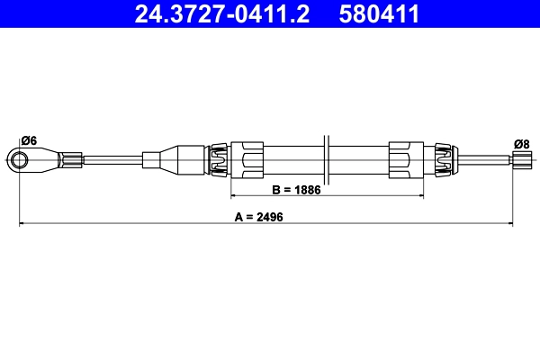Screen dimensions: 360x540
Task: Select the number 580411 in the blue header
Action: pos(378,13)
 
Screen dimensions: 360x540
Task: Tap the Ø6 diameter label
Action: pos(28,140)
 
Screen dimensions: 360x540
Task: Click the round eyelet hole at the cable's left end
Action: pos(20,161)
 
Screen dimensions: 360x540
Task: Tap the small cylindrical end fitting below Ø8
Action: pos(521,161)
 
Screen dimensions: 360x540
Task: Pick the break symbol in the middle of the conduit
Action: pos(327,161)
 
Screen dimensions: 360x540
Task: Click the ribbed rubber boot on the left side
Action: pos(218,161)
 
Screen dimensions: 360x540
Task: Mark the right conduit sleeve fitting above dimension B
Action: pos(405,161)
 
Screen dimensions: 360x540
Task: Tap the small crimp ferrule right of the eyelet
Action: pos(70,161)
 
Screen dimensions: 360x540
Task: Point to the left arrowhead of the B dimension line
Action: pos(236,195)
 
